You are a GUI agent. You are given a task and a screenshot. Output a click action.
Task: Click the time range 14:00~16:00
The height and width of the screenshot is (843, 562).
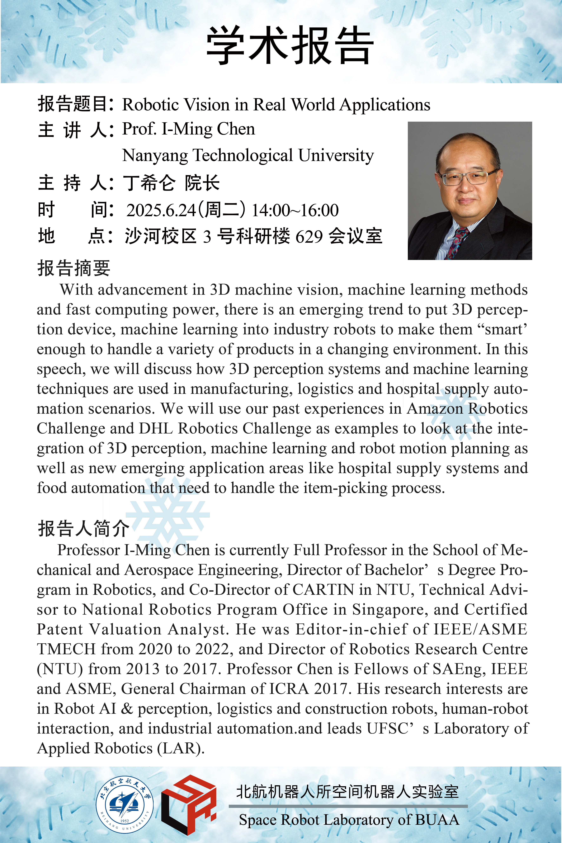pyautogui.click(x=295, y=210)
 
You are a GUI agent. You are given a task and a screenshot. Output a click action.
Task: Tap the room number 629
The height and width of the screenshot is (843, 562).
pyautogui.click(x=309, y=236)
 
